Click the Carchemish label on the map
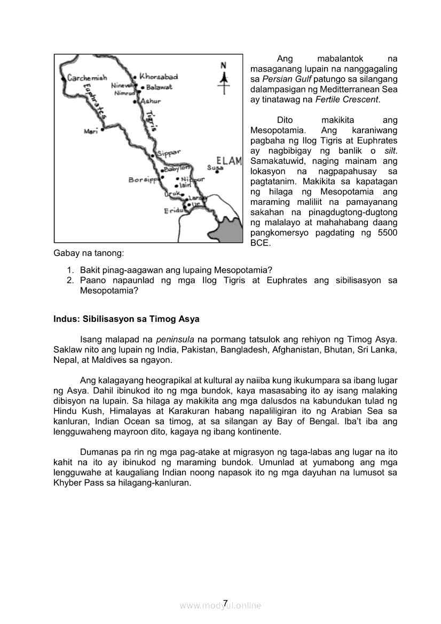point(87,78)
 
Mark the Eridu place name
point(173,211)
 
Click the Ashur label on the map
point(150,100)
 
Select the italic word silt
point(390,151)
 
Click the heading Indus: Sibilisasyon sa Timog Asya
point(127,319)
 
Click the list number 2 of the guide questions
point(69,280)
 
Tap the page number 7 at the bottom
point(225,603)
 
